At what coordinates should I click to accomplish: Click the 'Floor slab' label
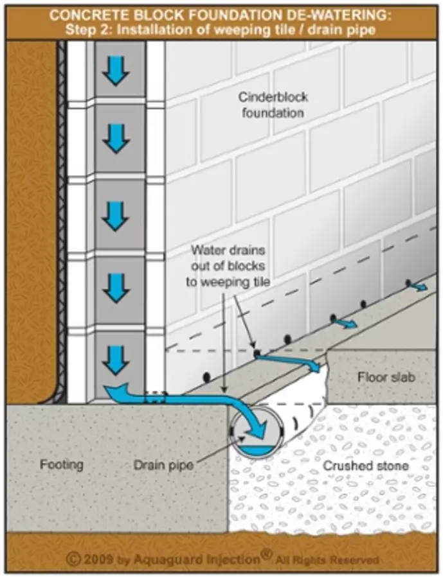point(384,377)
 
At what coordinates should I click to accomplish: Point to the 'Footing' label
point(61,464)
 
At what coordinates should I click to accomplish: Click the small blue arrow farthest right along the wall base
point(419,286)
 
